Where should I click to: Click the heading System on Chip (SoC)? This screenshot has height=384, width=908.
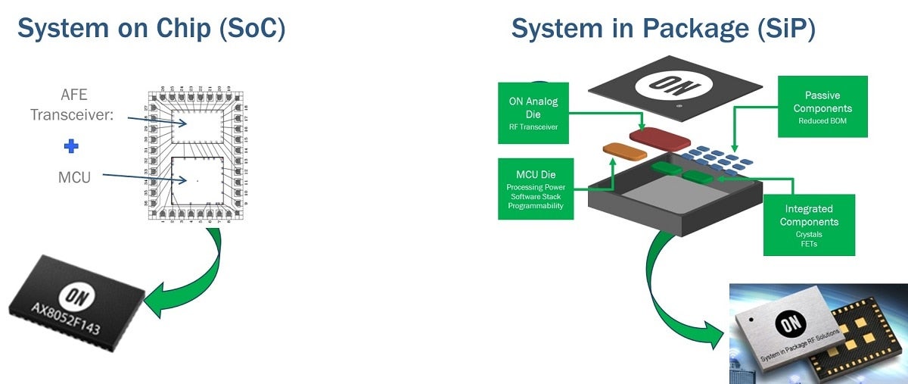[x=151, y=28]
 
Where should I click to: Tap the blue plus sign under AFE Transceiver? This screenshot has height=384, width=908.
[x=71, y=146]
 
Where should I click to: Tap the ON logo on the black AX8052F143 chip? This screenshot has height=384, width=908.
[x=80, y=298]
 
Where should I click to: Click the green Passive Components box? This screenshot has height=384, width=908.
[x=822, y=106]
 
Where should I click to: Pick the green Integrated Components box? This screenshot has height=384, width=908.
[x=809, y=225]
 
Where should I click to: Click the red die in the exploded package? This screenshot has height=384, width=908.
[x=660, y=138]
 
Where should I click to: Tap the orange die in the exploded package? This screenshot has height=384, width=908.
[x=624, y=149]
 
